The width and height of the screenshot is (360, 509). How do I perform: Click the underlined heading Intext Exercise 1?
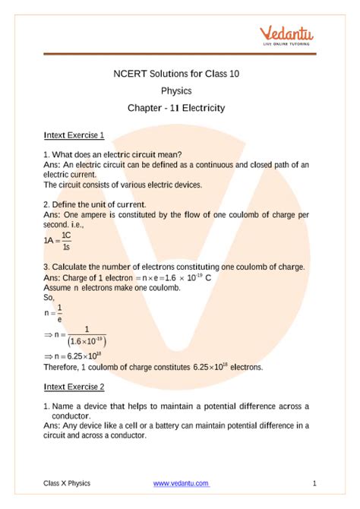[74, 135]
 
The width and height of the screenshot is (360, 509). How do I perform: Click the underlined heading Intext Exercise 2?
[74, 387]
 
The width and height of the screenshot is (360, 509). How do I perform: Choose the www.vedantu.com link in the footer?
[181, 483]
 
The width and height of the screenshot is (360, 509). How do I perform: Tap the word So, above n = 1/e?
[49, 299]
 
